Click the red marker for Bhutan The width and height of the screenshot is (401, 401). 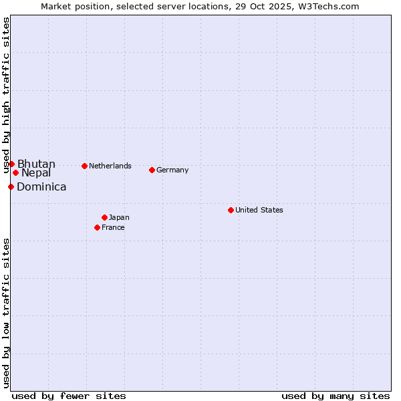point(11,164)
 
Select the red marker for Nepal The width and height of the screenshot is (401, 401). point(15,172)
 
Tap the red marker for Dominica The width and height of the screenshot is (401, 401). point(11,186)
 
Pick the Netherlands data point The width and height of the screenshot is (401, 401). point(84,166)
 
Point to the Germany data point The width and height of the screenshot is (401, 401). point(152,170)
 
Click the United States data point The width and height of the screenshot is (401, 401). point(231,210)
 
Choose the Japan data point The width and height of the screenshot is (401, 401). point(104,217)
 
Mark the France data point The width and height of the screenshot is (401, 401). point(97,227)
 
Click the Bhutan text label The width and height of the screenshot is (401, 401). point(36,164)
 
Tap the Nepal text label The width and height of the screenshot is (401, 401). point(36,173)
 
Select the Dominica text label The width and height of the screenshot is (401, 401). point(41,187)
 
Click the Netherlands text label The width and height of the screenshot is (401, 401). point(110,166)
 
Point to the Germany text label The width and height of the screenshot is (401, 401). point(172,170)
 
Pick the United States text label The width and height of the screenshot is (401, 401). point(259,210)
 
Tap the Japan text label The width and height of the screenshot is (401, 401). point(119,217)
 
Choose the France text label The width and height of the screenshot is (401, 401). point(113,227)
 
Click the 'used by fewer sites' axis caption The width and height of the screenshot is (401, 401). point(69,396)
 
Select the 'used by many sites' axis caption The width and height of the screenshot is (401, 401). point(336,396)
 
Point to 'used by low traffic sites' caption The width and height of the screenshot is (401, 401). point(6,313)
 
